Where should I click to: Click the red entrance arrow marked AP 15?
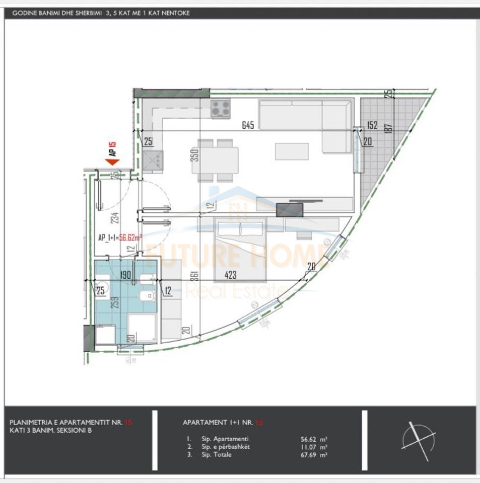[111, 161]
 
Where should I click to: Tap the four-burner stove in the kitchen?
[220, 109]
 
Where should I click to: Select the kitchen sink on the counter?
[153, 161]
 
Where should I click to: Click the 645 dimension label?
[248, 125]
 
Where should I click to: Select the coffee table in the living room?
[292, 151]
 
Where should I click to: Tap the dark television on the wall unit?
[290, 209]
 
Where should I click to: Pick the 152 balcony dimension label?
[372, 125]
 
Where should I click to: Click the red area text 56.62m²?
[130, 238]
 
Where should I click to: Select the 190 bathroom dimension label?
[125, 275]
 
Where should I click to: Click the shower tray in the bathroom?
[141, 327]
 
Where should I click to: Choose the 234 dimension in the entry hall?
[115, 218]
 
